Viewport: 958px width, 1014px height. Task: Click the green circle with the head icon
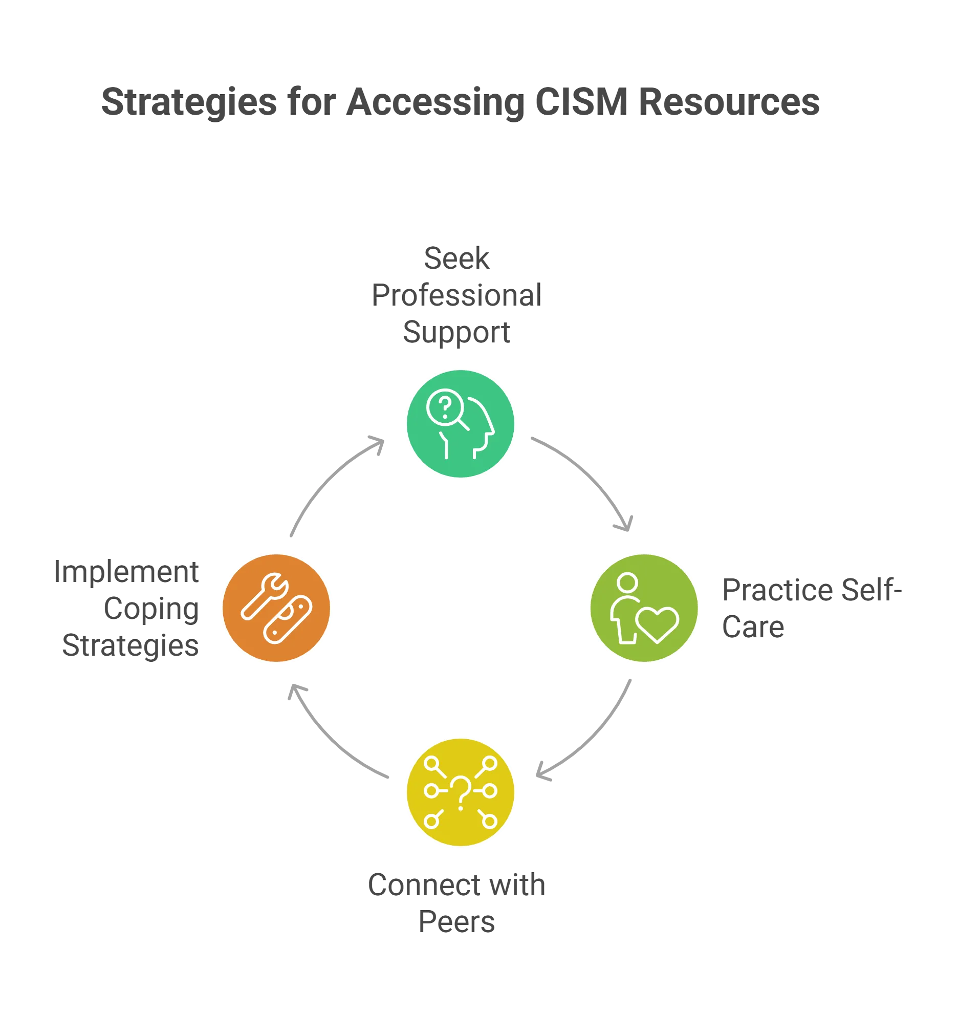click(x=460, y=423)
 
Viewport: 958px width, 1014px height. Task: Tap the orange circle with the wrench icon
click(x=276, y=608)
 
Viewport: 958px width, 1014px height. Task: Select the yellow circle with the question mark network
click(x=460, y=792)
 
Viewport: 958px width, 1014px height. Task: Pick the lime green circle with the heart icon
click(x=644, y=608)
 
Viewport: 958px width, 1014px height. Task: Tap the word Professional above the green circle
click(x=455, y=295)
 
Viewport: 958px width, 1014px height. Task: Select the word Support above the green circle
click(x=455, y=333)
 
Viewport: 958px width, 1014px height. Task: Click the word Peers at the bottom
click(x=455, y=922)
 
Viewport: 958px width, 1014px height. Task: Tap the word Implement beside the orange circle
click(x=126, y=573)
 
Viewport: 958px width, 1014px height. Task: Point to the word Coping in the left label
click(x=150, y=610)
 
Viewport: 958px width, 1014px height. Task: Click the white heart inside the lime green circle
click(x=657, y=624)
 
